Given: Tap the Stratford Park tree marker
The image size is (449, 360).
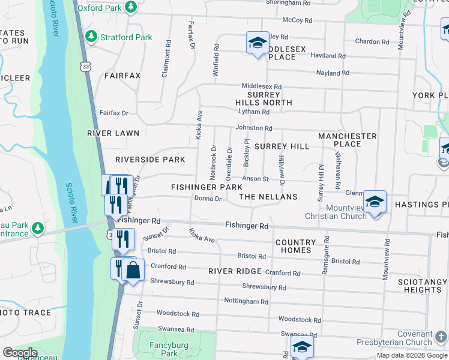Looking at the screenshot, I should (91, 37).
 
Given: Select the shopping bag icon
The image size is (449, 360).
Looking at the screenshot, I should (133, 270).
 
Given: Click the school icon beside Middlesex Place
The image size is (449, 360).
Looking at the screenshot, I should (257, 43).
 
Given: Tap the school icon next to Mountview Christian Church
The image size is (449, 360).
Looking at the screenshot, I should (374, 202).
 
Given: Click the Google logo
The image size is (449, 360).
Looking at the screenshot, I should (20, 352).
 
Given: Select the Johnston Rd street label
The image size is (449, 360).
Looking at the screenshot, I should (253, 128).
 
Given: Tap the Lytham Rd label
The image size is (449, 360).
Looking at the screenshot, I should (253, 112).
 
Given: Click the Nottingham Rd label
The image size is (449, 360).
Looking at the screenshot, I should (246, 301).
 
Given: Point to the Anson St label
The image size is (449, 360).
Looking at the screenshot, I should (255, 178).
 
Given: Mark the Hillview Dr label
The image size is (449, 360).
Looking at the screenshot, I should (280, 169).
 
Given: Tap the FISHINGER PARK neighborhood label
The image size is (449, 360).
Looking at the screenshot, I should (206, 188).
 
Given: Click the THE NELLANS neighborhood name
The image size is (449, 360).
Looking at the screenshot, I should (268, 197).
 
